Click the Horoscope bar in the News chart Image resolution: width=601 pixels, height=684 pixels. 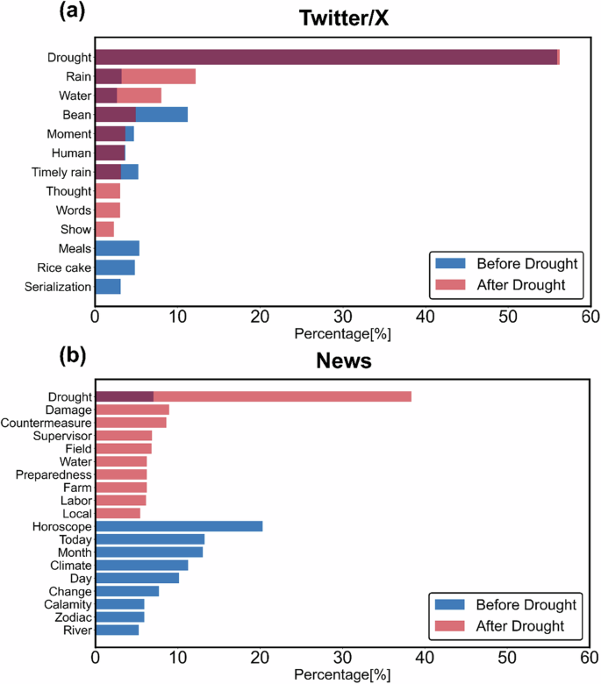point(179,526)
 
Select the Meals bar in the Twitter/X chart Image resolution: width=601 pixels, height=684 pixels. point(117,248)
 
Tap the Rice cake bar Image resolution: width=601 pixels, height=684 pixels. point(115,267)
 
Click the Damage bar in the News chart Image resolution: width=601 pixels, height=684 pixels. point(132,410)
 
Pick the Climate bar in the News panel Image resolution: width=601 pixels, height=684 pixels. point(141,565)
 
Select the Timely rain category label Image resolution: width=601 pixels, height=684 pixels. point(61,172)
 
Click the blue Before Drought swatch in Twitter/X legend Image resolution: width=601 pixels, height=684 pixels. point(449,263)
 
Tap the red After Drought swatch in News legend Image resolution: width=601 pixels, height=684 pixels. point(449,626)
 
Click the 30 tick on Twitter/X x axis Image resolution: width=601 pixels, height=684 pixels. point(342,316)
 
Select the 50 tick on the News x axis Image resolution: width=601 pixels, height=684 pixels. point(507,657)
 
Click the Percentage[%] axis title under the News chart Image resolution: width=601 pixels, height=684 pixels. point(340,675)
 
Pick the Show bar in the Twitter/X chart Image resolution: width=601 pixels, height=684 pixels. point(104,229)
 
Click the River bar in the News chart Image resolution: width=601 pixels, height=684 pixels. point(117,630)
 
